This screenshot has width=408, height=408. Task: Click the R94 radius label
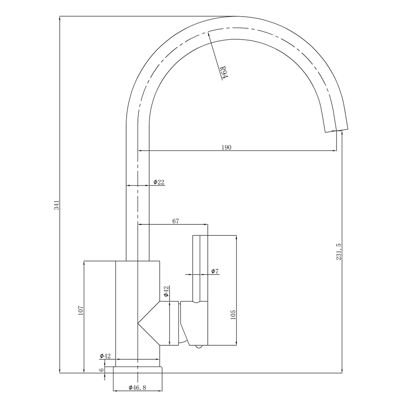[224, 73]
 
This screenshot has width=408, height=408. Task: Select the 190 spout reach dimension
[226, 147]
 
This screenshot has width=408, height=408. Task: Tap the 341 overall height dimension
[57, 205]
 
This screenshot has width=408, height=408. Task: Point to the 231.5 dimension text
[339, 251]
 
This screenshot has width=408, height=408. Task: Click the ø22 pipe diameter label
[159, 182]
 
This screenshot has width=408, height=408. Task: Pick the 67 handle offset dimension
[176, 221]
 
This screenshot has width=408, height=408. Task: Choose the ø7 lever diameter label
[215, 271]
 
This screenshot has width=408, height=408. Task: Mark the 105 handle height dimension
[233, 315]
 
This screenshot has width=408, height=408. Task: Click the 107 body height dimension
[80, 311]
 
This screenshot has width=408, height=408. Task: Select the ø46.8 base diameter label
[137, 388]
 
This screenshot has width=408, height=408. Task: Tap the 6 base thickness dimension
[102, 370]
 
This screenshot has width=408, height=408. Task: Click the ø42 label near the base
[105, 356]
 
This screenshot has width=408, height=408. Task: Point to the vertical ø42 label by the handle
[166, 291]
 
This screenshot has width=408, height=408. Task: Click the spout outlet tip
[337, 130]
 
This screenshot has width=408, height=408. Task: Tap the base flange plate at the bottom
[138, 370]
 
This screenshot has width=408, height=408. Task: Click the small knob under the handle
[198, 346]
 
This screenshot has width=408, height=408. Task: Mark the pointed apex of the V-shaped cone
[138, 323]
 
